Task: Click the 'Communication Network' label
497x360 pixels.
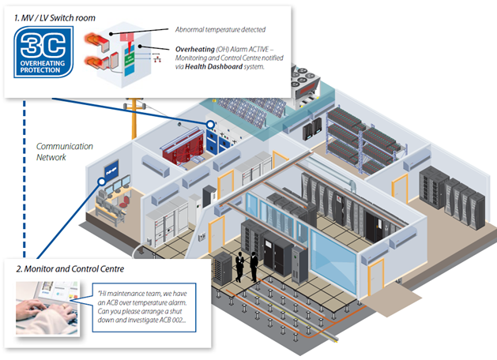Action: (x=64, y=152)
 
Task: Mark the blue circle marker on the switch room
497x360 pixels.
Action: (x=211, y=125)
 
